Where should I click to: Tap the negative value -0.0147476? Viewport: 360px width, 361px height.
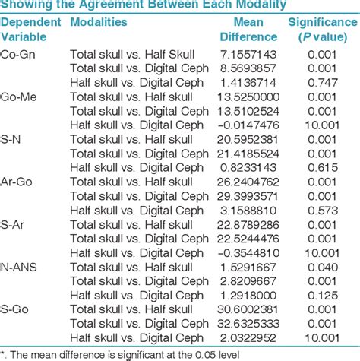click(249, 125)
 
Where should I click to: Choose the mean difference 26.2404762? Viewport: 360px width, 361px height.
click(249, 183)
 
